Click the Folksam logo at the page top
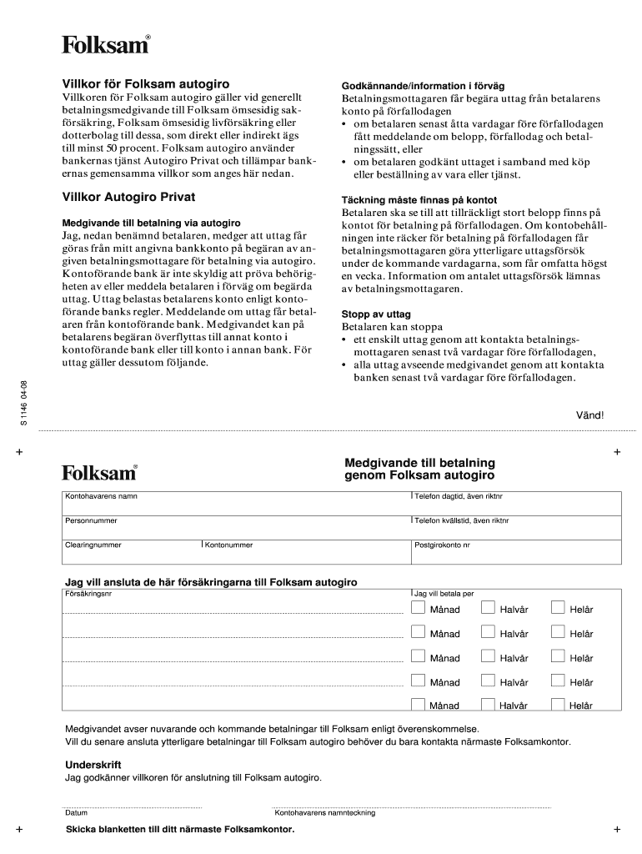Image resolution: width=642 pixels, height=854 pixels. click(106, 45)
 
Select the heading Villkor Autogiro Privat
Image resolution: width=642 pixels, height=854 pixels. click(129, 198)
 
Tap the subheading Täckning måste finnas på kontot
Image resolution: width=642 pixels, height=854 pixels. click(419, 200)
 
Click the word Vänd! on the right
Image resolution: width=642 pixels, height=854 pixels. click(590, 414)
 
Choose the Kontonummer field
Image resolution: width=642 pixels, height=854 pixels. click(305, 555)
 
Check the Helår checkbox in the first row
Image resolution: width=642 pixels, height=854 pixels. click(557, 609)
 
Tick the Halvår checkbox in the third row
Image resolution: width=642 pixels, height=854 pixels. click(488, 657)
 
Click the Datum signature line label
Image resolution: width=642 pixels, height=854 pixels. click(77, 812)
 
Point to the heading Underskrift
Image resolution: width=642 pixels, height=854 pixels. click(93, 764)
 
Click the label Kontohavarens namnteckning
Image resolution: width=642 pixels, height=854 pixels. click(324, 812)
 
